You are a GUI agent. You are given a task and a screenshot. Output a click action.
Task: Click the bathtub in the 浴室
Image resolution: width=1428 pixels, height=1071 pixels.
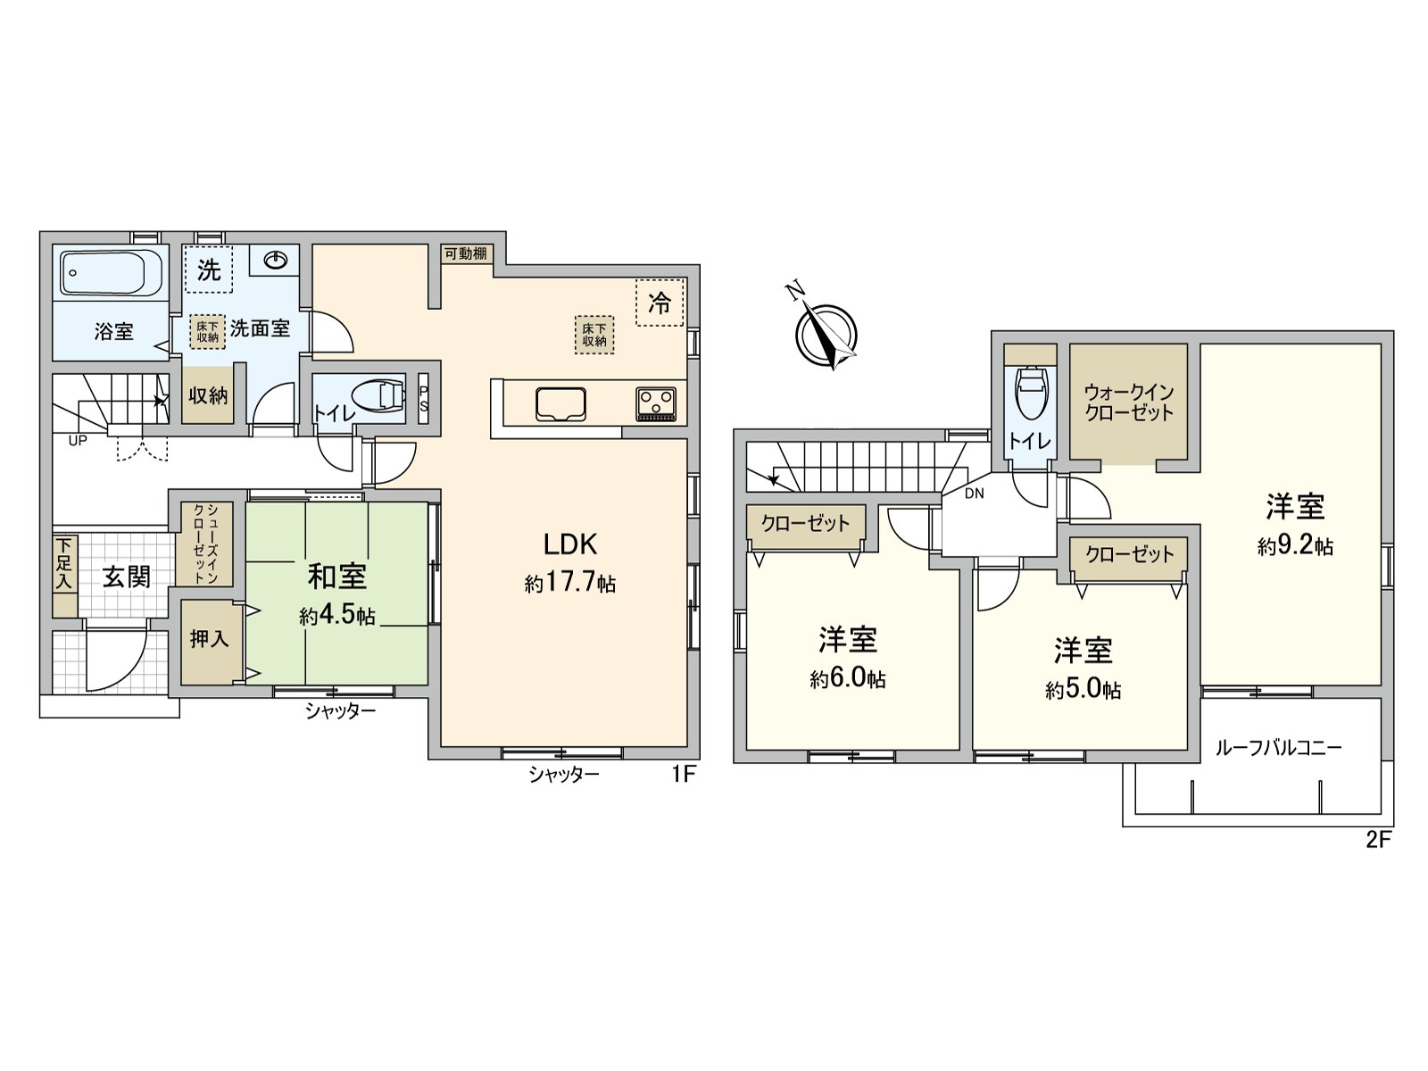[111, 271]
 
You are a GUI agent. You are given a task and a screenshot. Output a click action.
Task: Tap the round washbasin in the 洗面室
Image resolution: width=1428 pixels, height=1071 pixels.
[276, 261]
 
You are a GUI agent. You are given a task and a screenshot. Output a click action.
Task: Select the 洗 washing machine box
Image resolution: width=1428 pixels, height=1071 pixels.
[209, 270]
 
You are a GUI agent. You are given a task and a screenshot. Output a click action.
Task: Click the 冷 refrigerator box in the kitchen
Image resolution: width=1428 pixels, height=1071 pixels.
[660, 303]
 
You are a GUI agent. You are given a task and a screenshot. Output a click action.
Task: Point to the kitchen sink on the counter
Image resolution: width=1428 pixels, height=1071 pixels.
[560, 404]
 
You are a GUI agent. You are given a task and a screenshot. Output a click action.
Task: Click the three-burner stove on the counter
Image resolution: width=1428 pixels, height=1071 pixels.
[656, 404]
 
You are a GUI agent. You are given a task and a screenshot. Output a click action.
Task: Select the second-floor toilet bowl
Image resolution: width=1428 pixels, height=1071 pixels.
[1030, 393]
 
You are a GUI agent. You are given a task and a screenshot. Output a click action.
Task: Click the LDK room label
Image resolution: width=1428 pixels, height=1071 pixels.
[570, 544]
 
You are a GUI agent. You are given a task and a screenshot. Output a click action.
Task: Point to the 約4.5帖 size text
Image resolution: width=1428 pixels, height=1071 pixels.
[337, 616]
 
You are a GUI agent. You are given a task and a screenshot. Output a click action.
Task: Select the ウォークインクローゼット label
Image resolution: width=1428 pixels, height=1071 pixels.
[1129, 403]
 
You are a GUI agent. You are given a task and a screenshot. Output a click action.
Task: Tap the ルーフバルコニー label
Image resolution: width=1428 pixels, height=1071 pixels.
[1278, 748]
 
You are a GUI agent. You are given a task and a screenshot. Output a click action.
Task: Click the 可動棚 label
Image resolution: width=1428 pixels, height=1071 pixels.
[466, 253]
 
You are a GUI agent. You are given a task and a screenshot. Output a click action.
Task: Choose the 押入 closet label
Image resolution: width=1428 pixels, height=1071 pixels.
[209, 639]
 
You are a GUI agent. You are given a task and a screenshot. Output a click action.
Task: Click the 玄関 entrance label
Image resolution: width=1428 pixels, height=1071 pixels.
[126, 577]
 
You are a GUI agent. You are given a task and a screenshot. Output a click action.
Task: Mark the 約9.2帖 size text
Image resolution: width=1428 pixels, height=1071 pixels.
[1295, 546]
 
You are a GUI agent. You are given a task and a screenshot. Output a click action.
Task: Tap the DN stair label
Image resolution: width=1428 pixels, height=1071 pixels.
[974, 493]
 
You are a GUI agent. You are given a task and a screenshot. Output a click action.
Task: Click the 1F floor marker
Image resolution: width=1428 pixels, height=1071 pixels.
[683, 774]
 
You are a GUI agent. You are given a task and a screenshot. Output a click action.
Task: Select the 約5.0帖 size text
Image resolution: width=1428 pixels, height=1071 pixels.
[1083, 690]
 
